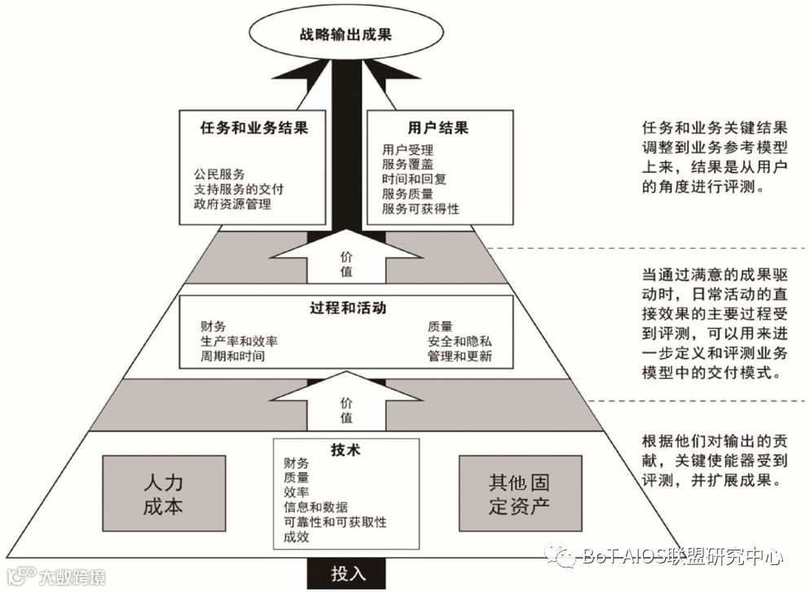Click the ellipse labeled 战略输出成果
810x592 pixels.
point(346,35)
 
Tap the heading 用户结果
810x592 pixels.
point(438,128)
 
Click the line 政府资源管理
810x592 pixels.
point(232,204)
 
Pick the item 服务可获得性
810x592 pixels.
point(420,209)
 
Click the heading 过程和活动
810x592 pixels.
point(346,309)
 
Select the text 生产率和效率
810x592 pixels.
point(239,342)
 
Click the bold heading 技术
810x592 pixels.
point(346,450)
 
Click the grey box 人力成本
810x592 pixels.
point(163,493)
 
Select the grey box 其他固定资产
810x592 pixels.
point(520,493)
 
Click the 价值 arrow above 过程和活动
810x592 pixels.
point(346,262)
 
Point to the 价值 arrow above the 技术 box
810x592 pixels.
point(346,409)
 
